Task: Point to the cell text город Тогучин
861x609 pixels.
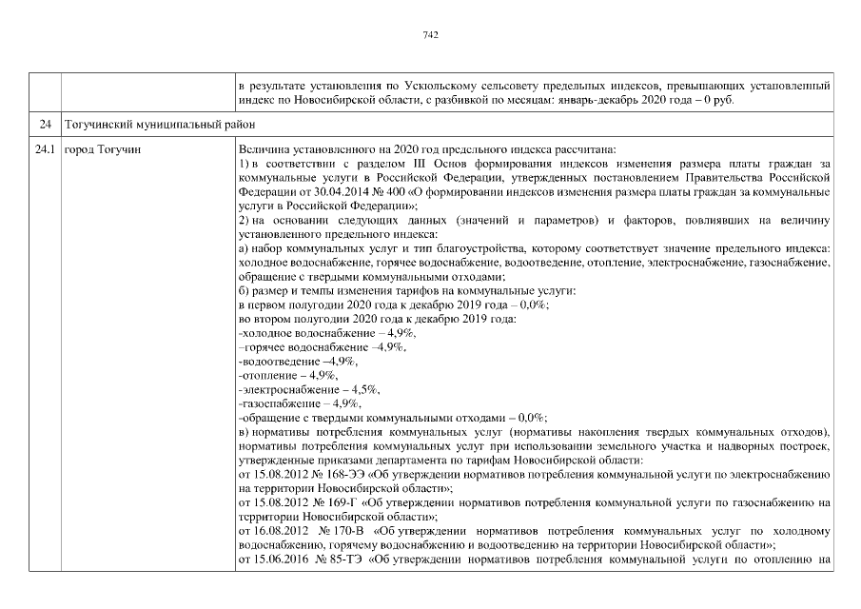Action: pyautogui.click(x=102, y=150)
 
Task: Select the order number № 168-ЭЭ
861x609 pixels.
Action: pyautogui.click(x=333, y=474)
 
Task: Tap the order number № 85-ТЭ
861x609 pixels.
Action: pyautogui.click(x=333, y=559)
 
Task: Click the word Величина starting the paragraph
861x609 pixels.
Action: pyautogui.click(x=264, y=149)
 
